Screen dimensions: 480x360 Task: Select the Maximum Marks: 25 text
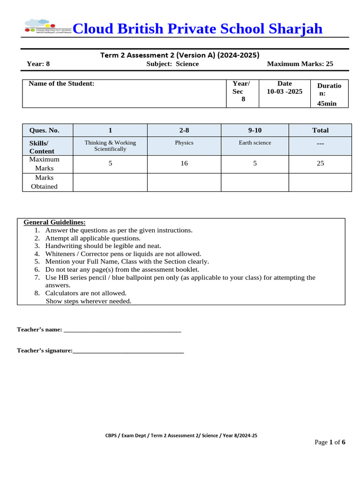pyautogui.click(x=300, y=64)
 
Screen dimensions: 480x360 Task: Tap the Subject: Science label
pyautogui.click(x=172, y=64)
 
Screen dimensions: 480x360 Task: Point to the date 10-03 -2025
pyautogui.click(x=285, y=91)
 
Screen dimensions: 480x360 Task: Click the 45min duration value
pyautogui.click(x=327, y=104)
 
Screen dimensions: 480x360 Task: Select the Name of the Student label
pyautogui.click(x=61, y=83)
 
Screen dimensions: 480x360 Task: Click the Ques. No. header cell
pyautogui.click(x=44, y=130)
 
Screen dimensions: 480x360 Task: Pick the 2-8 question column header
pyautogui.click(x=184, y=130)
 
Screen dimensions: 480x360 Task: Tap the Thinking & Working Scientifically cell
pyautogui.click(x=110, y=146)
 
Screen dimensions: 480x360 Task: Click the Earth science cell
pyautogui.click(x=255, y=143)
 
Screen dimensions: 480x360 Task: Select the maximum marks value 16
pyautogui.click(x=184, y=164)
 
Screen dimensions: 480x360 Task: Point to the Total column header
pyautogui.click(x=320, y=130)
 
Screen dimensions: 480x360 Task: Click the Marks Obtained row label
pyautogui.click(x=44, y=182)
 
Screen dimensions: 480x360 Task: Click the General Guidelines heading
pyautogui.click(x=54, y=222)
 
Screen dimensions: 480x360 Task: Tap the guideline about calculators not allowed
pyautogui.click(x=86, y=293)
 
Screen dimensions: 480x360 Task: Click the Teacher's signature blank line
pyautogui.click(x=128, y=351)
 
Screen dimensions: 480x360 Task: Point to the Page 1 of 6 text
pyautogui.click(x=330, y=442)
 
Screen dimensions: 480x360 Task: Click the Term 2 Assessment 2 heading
pyautogui.click(x=180, y=55)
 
